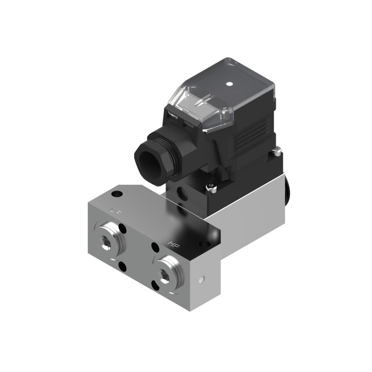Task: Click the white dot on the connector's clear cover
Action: point(229,84)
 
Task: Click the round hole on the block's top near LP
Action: point(118,193)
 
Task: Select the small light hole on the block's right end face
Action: point(201,280)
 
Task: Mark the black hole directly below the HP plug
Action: point(155,284)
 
